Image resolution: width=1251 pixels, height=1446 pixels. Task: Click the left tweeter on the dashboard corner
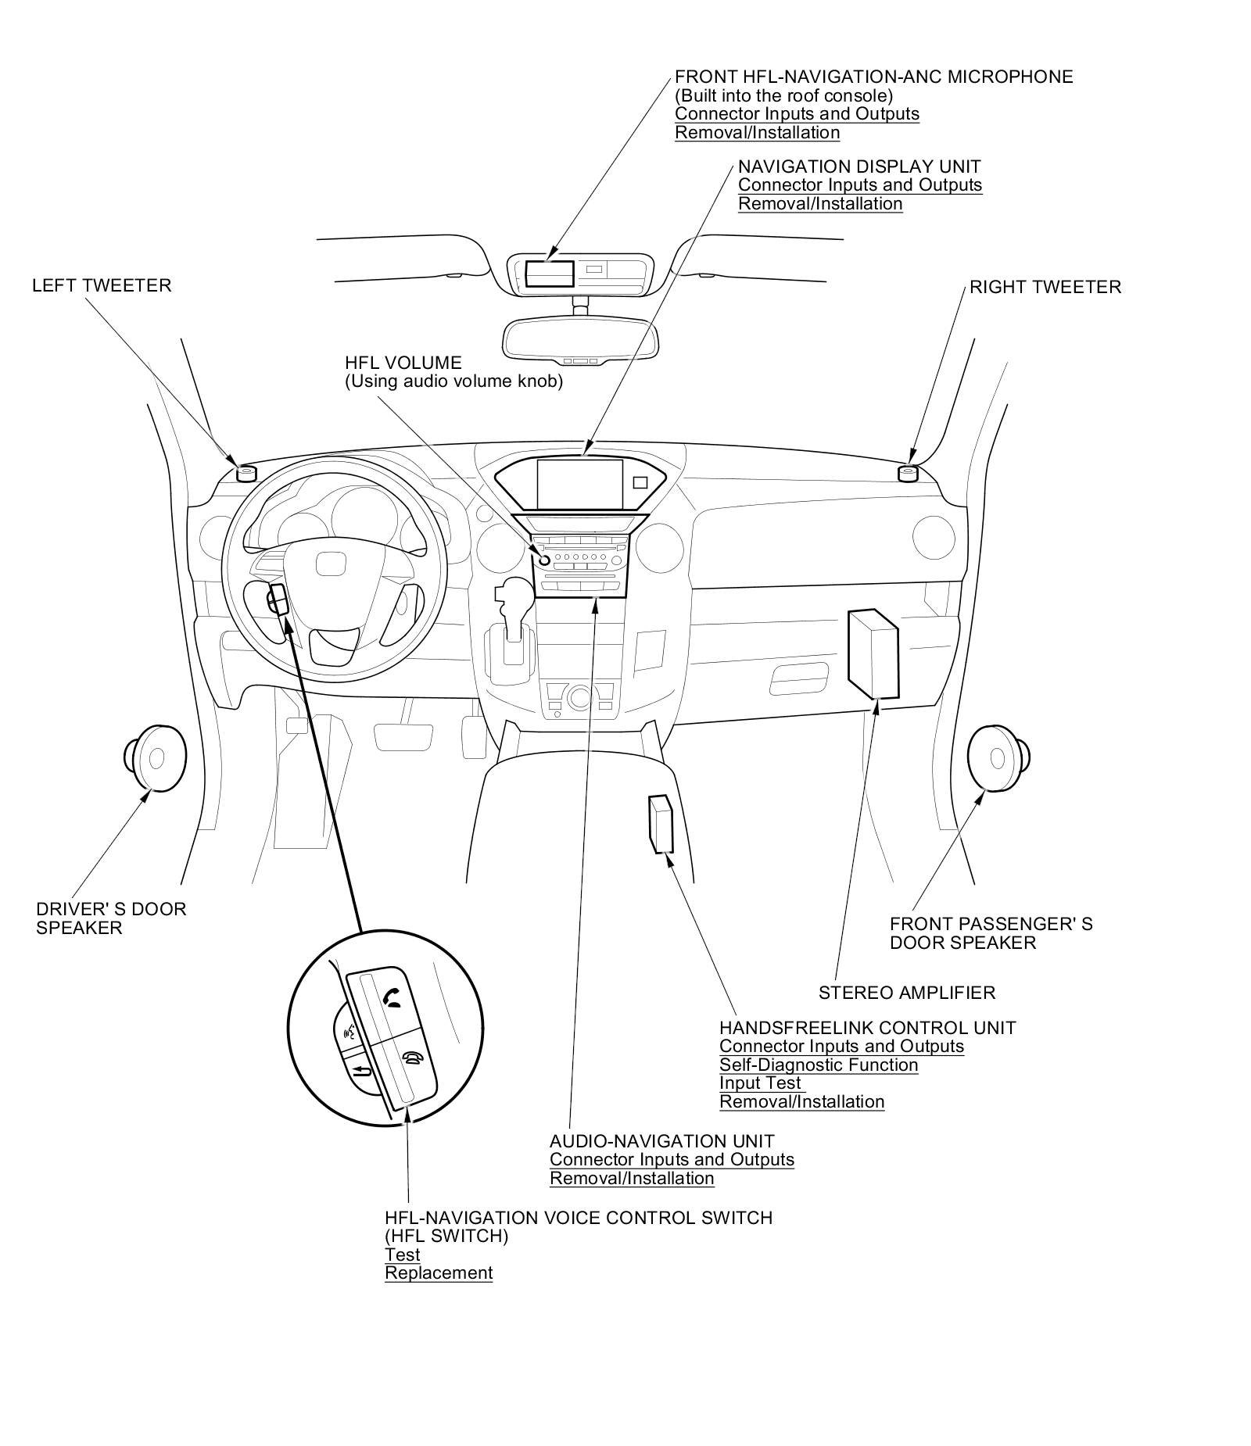pos(246,473)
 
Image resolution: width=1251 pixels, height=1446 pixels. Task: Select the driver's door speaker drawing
pos(155,757)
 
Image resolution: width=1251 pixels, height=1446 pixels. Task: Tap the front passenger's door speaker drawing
pos(998,757)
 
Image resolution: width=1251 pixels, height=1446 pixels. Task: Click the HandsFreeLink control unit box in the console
pos(660,824)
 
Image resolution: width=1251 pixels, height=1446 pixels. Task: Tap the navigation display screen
pos(579,483)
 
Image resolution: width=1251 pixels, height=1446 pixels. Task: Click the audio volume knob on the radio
pos(542,557)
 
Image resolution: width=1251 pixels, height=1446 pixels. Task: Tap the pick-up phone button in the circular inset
pos(393,998)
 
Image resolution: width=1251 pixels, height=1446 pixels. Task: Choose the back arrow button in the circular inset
pos(360,1070)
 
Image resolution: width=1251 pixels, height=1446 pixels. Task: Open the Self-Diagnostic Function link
pos(819,1065)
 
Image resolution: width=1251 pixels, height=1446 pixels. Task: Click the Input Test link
pos(760,1083)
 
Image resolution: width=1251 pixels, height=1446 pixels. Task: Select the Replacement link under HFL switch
pos(438,1272)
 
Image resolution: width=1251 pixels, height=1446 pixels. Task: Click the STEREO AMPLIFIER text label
pos(906,993)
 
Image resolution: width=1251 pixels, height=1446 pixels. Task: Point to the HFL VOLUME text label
pos(403,363)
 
